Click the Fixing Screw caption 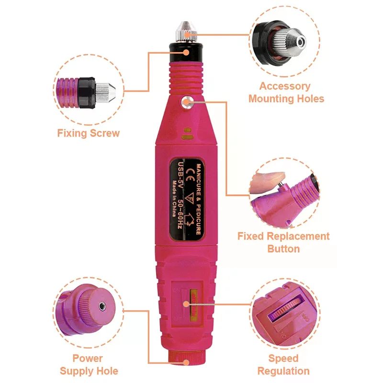(89, 133)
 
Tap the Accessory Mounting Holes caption (286, 92)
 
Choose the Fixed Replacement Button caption (283, 242)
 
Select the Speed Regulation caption (283, 364)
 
